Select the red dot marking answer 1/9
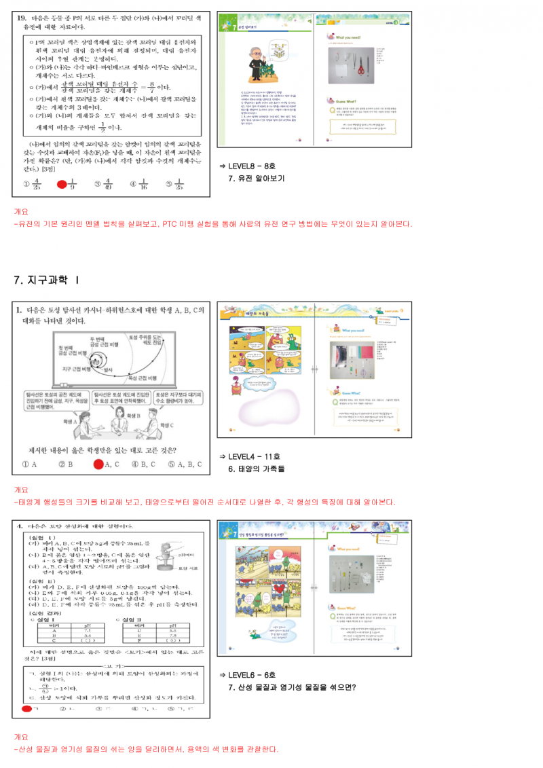click(62, 183)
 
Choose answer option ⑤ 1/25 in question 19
click(173, 183)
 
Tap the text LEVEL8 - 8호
click(252, 166)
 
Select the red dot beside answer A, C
click(98, 464)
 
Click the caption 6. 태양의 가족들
click(257, 469)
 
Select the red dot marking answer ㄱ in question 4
click(26, 708)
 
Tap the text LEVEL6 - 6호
click(252, 675)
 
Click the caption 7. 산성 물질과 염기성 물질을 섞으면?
click(293, 687)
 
